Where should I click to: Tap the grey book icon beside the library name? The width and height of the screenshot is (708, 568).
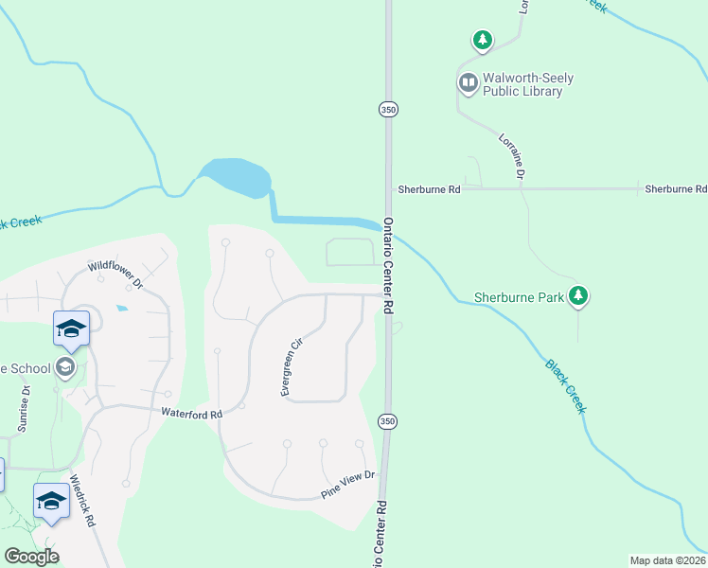(x=468, y=83)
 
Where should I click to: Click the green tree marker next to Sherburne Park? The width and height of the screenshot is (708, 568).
(x=578, y=296)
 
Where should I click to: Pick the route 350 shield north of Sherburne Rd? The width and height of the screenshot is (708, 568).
(x=387, y=109)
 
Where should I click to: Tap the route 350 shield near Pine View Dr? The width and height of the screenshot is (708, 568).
(x=386, y=419)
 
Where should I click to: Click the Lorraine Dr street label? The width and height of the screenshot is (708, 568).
(x=512, y=157)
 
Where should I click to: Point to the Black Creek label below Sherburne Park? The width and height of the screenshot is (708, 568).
(x=566, y=384)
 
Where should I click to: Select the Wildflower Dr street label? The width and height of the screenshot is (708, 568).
(x=114, y=275)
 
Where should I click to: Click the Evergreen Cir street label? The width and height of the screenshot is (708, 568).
(x=291, y=367)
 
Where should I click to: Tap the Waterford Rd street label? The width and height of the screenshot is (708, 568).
(x=191, y=414)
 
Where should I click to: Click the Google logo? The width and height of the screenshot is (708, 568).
(x=31, y=556)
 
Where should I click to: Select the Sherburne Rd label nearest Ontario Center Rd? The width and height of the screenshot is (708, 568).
(x=429, y=189)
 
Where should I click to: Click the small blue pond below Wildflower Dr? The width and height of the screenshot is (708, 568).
(x=120, y=309)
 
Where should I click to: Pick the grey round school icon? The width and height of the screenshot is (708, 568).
(x=65, y=366)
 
